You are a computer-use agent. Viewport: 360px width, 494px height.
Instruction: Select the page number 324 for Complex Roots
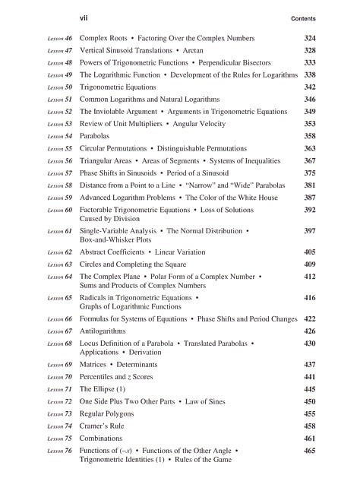pos(309,37)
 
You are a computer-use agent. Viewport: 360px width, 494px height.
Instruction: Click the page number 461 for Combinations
pos(309,439)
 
